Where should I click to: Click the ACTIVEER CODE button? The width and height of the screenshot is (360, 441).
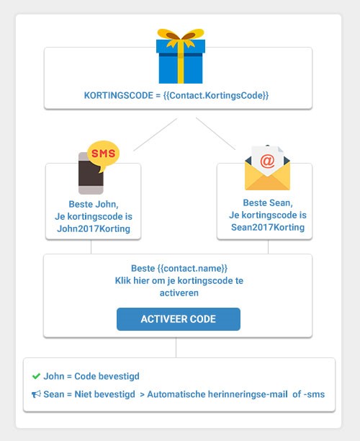tap(179, 319)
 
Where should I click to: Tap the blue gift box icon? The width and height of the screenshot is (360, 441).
tap(181, 56)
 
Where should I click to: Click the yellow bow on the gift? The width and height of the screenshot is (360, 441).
tap(181, 37)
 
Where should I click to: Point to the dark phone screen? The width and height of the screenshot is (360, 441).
tap(91, 173)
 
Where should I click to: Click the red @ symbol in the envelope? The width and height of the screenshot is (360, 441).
tap(267, 161)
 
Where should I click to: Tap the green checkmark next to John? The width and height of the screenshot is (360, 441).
tap(36, 376)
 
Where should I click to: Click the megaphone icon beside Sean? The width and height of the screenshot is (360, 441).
tap(36, 394)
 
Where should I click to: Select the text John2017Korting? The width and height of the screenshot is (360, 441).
tap(94, 228)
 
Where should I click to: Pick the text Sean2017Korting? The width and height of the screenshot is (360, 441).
tap(268, 227)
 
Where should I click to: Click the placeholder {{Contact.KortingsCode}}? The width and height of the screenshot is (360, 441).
tap(216, 95)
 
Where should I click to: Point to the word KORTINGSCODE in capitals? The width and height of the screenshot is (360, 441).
tap(119, 95)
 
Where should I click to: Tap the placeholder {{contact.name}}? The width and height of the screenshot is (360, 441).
tap(192, 268)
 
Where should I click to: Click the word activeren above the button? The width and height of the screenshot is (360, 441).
tap(179, 293)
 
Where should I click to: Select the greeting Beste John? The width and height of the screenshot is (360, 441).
tap(94, 204)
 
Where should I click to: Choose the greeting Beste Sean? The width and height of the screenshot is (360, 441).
tap(268, 202)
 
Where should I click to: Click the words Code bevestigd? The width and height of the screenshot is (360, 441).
tap(107, 376)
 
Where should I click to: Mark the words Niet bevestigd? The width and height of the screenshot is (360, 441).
tap(105, 394)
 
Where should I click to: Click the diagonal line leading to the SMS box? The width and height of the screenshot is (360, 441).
tap(155, 135)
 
